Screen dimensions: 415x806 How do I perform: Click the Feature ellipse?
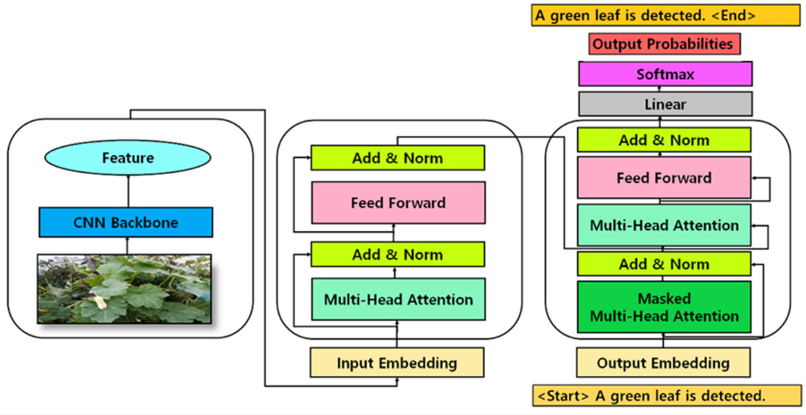click(128, 158)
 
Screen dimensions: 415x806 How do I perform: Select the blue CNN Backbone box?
click(126, 222)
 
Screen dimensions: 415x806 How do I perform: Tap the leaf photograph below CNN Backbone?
click(125, 289)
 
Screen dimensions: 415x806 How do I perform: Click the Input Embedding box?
click(397, 363)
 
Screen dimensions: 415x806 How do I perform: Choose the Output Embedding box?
click(663, 363)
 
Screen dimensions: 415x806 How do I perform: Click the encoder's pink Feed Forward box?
click(398, 202)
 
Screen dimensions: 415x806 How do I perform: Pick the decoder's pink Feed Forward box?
click(664, 178)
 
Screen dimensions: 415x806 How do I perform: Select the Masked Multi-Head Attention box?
click(664, 307)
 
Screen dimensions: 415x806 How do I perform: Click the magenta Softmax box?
click(665, 75)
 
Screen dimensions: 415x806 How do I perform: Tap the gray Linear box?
click(665, 105)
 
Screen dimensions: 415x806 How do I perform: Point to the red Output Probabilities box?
click(664, 44)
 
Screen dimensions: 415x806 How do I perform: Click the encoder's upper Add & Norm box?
click(397, 158)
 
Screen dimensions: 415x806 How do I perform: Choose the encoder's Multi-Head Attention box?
click(398, 299)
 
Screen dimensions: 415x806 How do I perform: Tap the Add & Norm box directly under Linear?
click(664, 140)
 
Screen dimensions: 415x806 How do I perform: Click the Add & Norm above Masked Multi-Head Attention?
click(664, 264)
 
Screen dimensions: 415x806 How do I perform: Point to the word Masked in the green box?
click(664, 299)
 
